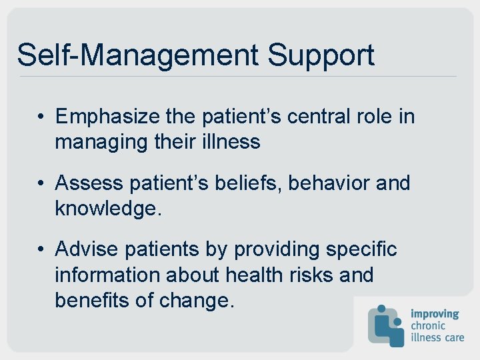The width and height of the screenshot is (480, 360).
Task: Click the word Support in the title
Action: click(x=321, y=55)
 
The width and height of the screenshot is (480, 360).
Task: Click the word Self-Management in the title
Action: click(x=137, y=55)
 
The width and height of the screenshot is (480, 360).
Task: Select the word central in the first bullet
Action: click(x=323, y=117)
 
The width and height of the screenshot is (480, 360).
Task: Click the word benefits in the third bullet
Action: click(x=91, y=300)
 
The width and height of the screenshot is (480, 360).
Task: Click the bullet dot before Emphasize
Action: click(x=41, y=118)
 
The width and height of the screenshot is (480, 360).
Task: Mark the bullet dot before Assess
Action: click(x=41, y=183)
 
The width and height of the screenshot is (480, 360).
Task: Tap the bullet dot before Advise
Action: click(x=41, y=250)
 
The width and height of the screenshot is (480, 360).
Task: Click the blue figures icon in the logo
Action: click(x=386, y=325)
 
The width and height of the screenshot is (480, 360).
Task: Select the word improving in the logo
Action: click(x=435, y=313)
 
